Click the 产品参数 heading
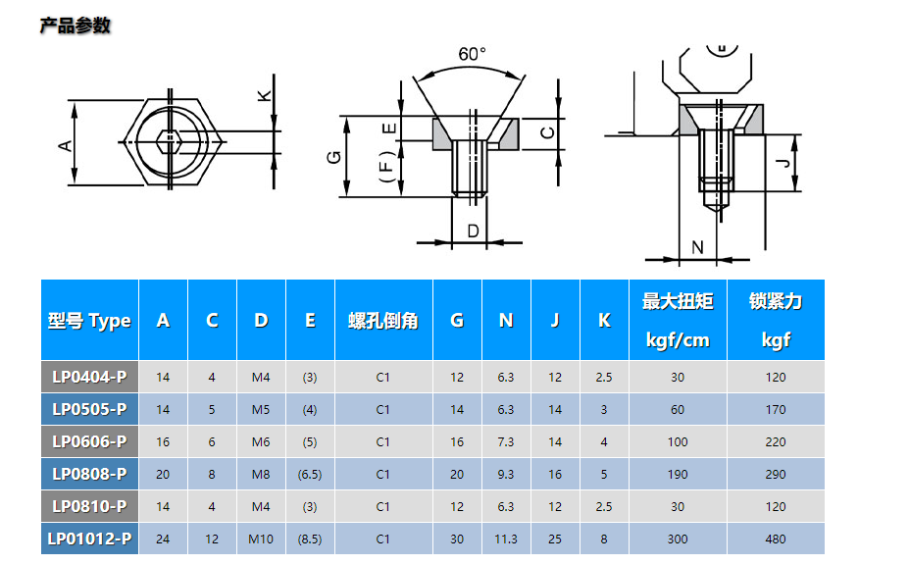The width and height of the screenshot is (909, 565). (x=75, y=26)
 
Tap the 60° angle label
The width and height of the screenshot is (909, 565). (x=472, y=54)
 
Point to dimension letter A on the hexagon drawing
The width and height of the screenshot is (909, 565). (x=65, y=144)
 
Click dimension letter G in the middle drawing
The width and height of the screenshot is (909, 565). (x=333, y=157)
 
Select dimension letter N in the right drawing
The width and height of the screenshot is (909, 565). (x=697, y=246)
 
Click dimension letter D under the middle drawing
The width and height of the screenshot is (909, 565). (x=472, y=231)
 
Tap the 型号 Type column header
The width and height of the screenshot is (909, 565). (x=89, y=321)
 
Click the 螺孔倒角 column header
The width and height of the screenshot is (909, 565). (x=383, y=321)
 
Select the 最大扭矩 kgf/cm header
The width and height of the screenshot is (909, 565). (x=678, y=321)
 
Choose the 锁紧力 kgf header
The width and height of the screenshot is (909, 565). (x=776, y=321)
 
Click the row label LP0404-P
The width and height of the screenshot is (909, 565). (x=89, y=377)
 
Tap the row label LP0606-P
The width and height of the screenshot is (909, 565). (x=89, y=441)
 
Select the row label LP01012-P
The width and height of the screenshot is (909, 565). (x=89, y=539)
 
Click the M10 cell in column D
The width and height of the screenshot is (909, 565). (x=261, y=539)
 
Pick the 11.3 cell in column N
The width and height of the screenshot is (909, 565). (x=506, y=539)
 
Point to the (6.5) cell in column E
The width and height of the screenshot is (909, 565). (x=310, y=474)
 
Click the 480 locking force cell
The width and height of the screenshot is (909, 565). (x=776, y=539)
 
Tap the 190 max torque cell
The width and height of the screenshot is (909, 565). (x=678, y=474)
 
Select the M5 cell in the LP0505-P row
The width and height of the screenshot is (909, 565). (x=261, y=409)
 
